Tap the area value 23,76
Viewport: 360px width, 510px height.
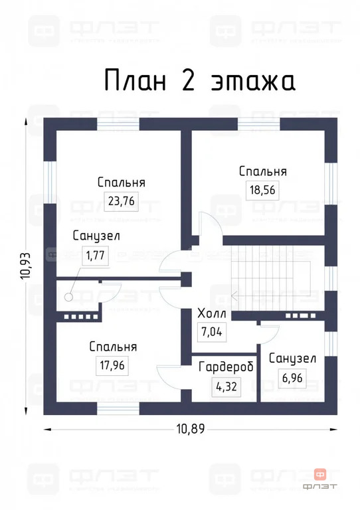coord(121,201)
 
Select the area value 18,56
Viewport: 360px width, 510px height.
coord(262,189)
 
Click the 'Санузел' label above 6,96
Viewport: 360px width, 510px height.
coord(292,358)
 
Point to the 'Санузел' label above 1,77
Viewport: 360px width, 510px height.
coord(97,236)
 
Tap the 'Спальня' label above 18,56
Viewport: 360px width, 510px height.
coord(262,171)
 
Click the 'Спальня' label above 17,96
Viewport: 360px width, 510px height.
coord(114,347)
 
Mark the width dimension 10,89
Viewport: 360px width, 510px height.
coord(191,428)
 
